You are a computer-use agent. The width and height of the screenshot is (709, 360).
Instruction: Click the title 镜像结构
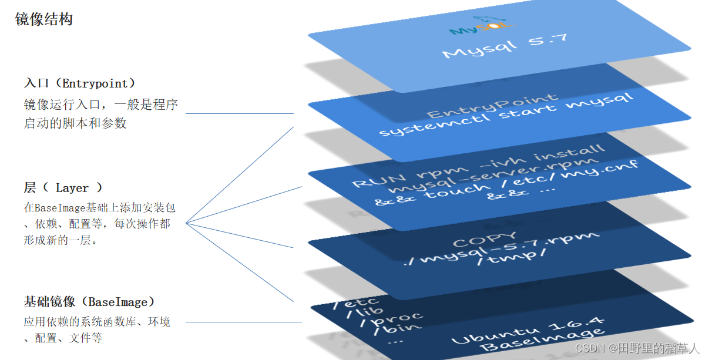(44, 20)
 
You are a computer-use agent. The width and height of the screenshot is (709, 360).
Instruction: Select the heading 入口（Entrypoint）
(80, 83)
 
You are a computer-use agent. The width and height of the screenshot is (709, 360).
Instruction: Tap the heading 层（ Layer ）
(63, 188)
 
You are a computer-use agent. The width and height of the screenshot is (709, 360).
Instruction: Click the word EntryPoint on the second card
(492, 106)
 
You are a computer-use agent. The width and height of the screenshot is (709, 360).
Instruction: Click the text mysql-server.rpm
(497, 175)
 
